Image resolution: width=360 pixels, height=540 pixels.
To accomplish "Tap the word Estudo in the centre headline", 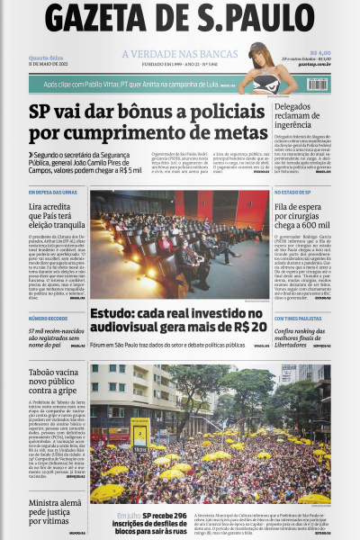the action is [x=112, y=312].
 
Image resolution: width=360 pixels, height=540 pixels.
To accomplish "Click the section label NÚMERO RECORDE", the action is [x=47, y=319].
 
